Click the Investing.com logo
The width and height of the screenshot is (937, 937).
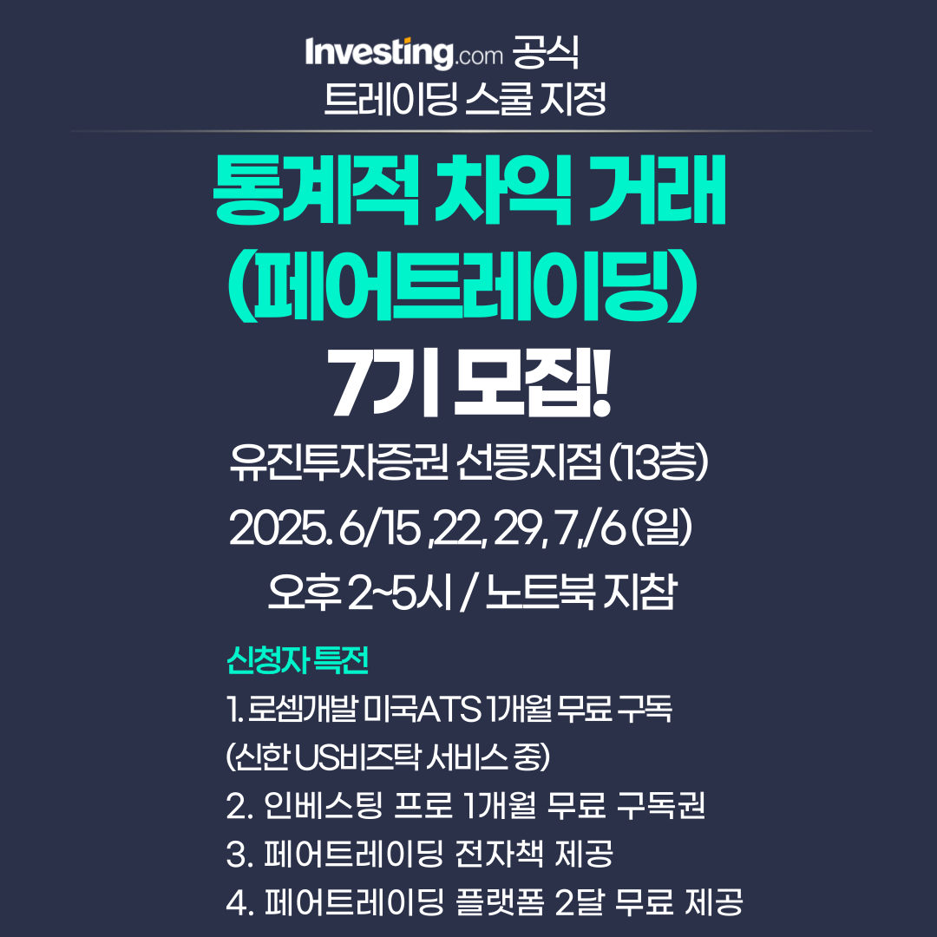404,53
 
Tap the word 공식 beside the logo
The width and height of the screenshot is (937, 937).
546,53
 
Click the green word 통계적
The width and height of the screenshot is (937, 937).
316,189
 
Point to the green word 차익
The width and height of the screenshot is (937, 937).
503,189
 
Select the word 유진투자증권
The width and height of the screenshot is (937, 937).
339,462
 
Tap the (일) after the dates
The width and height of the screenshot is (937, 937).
661,527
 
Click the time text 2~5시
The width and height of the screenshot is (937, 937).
399,593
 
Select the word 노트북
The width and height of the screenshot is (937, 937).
541,593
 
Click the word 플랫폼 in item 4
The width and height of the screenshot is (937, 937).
500,901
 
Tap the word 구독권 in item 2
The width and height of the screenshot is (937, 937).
660,805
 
